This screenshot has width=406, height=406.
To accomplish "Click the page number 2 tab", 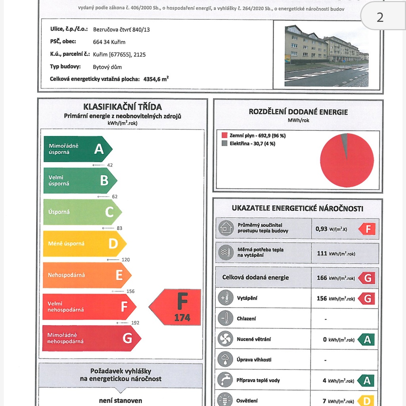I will pyautogui.click(x=380, y=17).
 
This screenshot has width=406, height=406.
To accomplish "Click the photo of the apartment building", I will pyautogui.click(x=326, y=56).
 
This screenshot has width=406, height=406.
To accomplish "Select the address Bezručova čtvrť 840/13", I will pyautogui.click(x=121, y=29).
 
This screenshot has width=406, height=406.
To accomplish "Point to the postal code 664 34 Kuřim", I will pyautogui.click(x=109, y=42).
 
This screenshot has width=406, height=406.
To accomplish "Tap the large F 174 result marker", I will pyautogui.click(x=178, y=307).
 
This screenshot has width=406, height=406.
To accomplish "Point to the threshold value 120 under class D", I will pyautogui.click(x=125, y=260).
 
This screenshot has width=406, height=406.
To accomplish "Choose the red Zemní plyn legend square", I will pyautogui.click(x=224, y=136).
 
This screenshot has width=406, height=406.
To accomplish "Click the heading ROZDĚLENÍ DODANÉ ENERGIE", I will pyautogui.click(x=298, y=112).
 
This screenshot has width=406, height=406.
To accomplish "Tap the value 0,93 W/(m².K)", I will pyautogui.click(x=331, y=229).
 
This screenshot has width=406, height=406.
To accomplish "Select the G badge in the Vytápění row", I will pyautogui.click(x=367, y=298).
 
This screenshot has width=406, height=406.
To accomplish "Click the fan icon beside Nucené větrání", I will pyautogui.click(x=226, y=339).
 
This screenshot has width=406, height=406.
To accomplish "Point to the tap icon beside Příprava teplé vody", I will pyautogui.click(x=226, y=380).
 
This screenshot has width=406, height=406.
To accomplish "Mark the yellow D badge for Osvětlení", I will pyautogui.click(x=367, y=401).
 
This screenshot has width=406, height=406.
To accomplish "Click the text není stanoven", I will pyautogui.click(x=121, y=400).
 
